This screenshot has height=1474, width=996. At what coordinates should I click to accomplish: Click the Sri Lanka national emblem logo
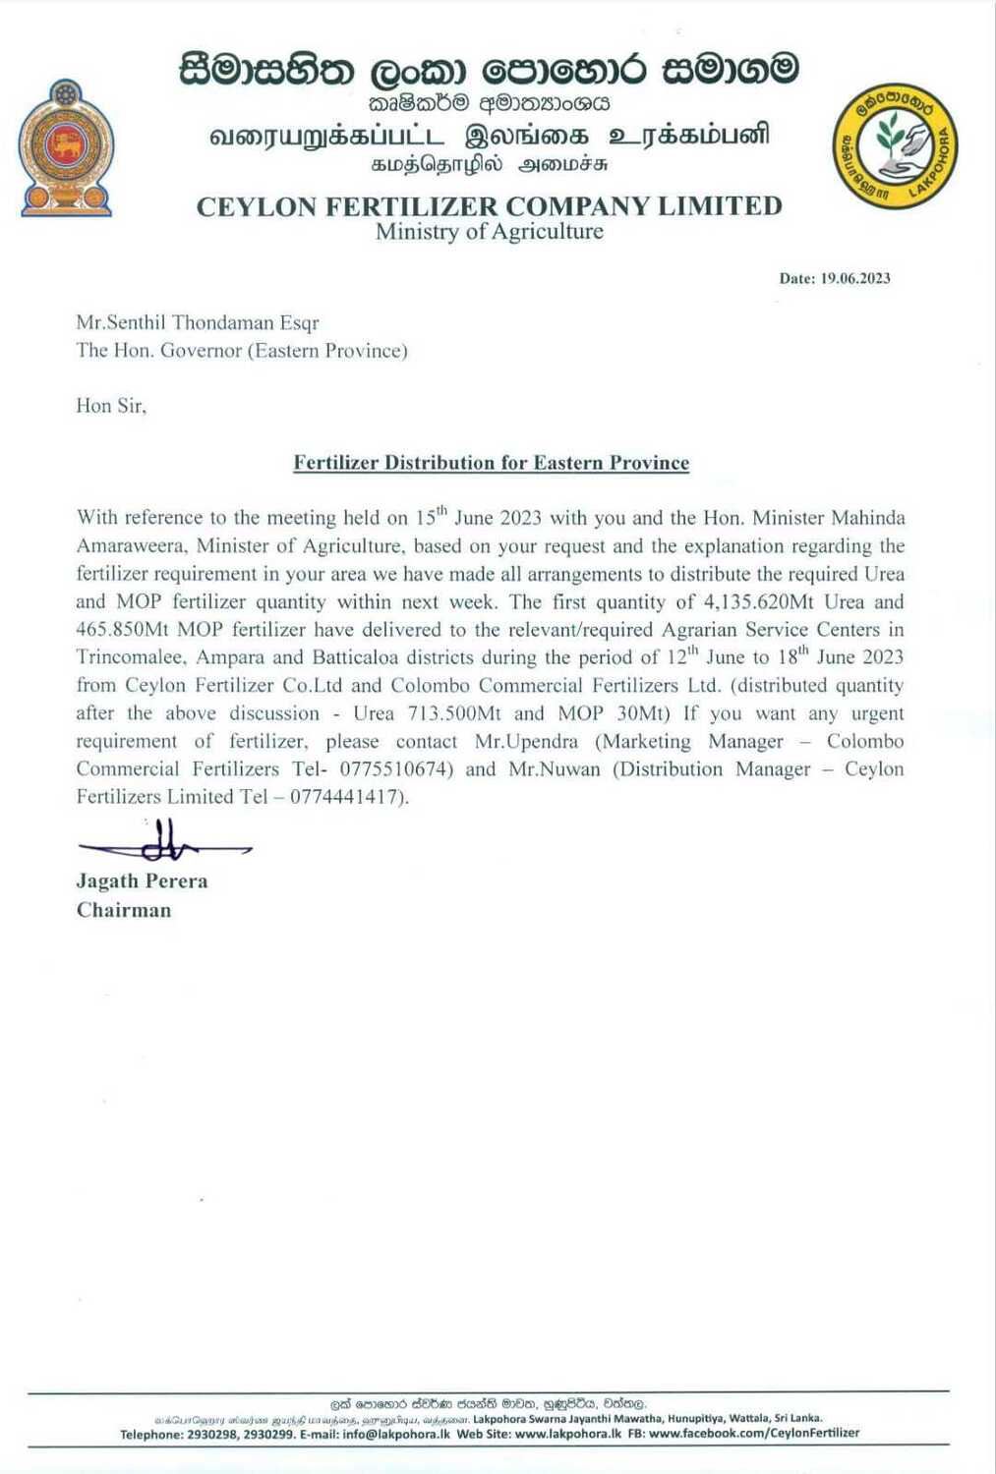click(66, 147)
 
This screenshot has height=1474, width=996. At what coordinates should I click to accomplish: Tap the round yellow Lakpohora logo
click(895, 145)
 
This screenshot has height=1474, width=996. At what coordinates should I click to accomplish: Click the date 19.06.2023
click(854, 278)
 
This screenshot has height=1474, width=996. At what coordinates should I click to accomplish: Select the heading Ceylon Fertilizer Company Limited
click(489, 206)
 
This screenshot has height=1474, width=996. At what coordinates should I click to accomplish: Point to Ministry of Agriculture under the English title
click(489, 232)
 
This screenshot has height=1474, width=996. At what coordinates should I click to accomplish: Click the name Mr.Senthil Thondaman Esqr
click(198, 322)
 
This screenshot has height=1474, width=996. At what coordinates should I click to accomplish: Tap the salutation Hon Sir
click(111, 405)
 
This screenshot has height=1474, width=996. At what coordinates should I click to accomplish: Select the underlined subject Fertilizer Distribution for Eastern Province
click(491, 463)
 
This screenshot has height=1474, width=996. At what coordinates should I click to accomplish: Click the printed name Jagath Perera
click(142, 880)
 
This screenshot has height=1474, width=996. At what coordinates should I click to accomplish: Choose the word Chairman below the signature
click(124, 910)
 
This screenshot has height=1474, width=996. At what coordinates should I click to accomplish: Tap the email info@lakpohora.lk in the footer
click(396, 1434)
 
